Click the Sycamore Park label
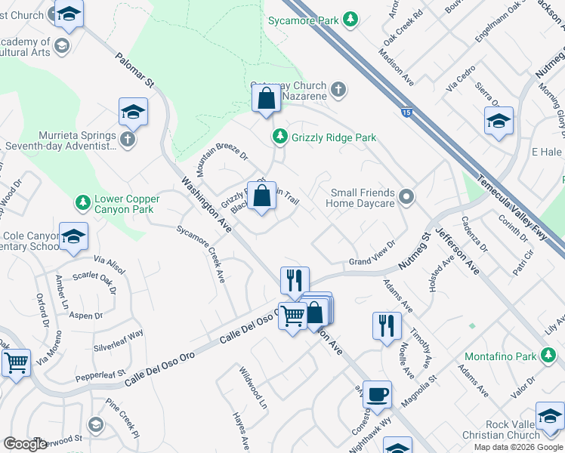coord(303,21)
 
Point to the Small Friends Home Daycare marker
coord(406,198)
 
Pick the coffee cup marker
coord(377,394)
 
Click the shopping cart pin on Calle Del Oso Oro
coord(292,315)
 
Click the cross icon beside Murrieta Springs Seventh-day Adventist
coord(128,139)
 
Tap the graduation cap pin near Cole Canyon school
coord(73,237)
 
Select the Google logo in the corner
coord(25,444)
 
